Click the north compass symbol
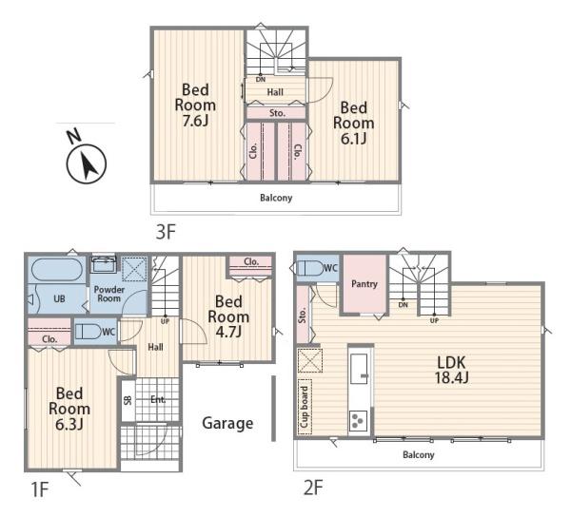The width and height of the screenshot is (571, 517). point(87,163)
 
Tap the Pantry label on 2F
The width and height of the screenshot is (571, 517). point(364,284)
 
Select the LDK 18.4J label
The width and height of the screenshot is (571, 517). point(451,370)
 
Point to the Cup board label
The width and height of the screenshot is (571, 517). point(305,407)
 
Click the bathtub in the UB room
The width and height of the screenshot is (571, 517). point(56,269)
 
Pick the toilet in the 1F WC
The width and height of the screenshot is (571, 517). point(88,332)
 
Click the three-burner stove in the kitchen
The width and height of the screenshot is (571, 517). point(358,421)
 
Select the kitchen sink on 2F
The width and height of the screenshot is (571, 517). point(359,369)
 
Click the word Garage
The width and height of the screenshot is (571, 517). point(227,423)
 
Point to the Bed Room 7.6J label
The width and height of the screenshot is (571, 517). point(195,105)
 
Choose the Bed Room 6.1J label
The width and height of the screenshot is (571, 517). point(354,123)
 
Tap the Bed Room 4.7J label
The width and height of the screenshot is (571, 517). point(228,316)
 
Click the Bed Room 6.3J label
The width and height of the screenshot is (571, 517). point(69,409)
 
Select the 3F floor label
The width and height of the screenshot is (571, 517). point(166,232)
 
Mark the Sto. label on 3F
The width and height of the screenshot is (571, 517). point(277,113)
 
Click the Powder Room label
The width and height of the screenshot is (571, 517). point(109,294)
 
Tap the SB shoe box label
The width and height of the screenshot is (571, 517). point(128,400)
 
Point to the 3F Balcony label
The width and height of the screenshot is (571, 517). point(276,198)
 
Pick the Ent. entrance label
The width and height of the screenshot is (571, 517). point(158,399)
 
